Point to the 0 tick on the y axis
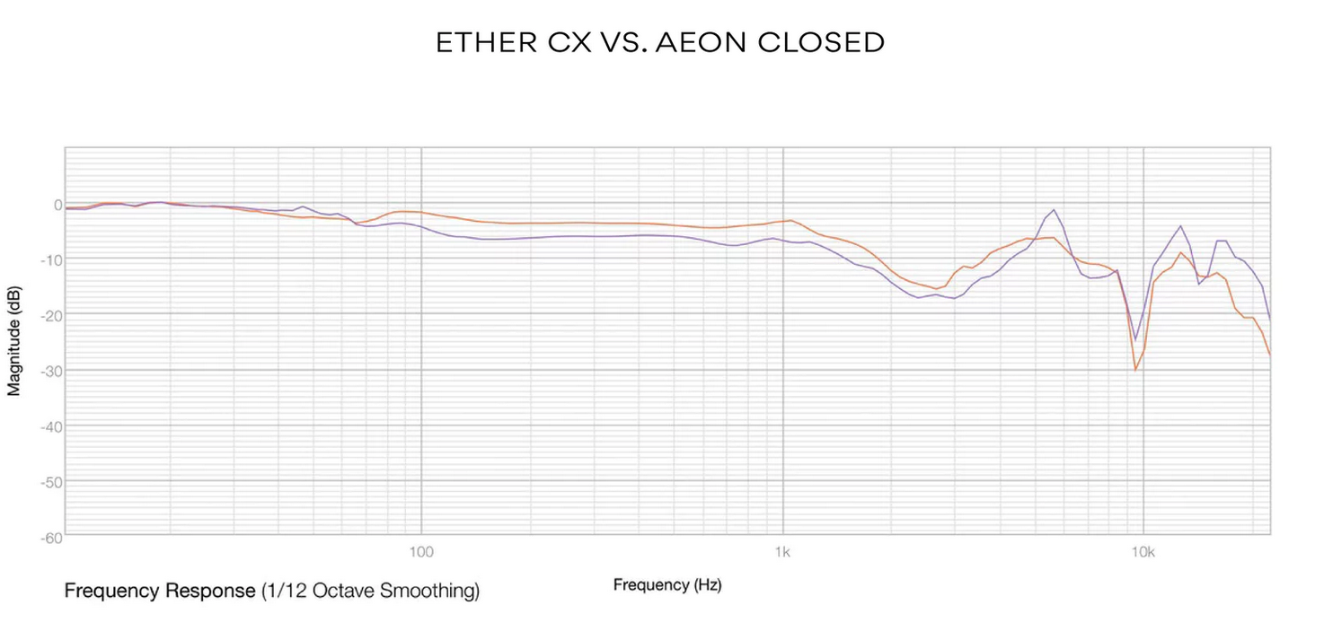point(57,205)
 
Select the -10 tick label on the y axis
point(52,260)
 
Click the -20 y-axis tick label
point(52,315)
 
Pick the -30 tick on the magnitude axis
point(52,371)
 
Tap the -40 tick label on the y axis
point(52,426)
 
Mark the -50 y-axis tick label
point(52,482)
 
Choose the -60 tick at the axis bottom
point(52,537)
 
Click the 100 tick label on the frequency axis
point(421,550)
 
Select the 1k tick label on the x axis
point(783,550)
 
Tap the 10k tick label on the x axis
point(1143,550)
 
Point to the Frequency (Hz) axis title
point(667,585)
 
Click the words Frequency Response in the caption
point(159,591)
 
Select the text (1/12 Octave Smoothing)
point(370,591)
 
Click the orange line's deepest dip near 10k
point(1135,370)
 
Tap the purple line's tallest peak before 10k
point(1054,210)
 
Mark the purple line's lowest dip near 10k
point(1135,340)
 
